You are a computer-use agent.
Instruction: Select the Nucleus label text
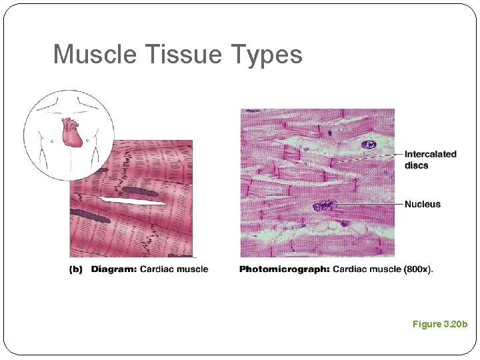(x=422, y=204)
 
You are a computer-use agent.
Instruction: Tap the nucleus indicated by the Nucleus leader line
(x=325, y=205)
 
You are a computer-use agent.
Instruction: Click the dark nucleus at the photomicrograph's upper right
(x=368, y=144)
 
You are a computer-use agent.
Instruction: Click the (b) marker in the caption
(x=77, y=269)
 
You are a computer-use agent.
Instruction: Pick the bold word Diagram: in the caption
(x=114, y=269)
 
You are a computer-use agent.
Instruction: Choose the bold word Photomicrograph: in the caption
(x=284, y=269)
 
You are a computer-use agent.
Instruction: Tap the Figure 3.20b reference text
(x=440, y=324)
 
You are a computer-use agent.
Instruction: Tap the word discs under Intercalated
(x=416, y=165)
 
